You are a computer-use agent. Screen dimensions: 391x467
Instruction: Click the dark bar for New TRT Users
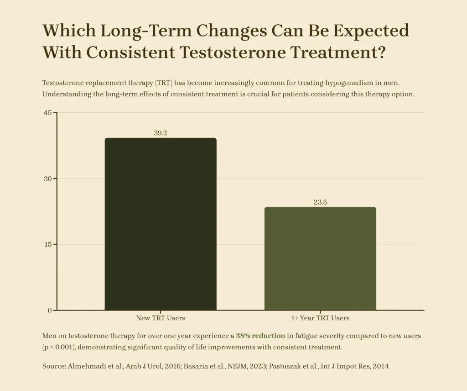click(x=161, y=224)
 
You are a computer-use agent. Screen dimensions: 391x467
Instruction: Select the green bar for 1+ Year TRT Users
click(x=320, y=259)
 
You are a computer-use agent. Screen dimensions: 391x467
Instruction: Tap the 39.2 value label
click(x=161, y=133)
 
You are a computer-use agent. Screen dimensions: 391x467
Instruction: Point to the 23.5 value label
click(x=320, y=202)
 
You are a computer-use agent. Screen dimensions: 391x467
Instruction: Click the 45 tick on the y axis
click(x=47, y=112)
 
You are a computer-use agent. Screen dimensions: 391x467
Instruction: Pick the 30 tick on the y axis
click(x=47, y=179)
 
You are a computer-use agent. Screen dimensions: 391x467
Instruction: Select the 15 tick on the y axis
click(x=47, y=244)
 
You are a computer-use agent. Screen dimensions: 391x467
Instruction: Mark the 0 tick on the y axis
click(x=49, y=311)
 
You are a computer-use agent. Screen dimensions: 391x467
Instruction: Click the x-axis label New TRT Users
click(x=161, y=318)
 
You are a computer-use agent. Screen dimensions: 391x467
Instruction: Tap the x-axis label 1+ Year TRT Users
click(x=320, y=318)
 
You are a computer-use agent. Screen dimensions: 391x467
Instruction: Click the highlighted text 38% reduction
click(x=260, y=336)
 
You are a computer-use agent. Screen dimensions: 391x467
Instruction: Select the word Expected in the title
click(x=371, y=31)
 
